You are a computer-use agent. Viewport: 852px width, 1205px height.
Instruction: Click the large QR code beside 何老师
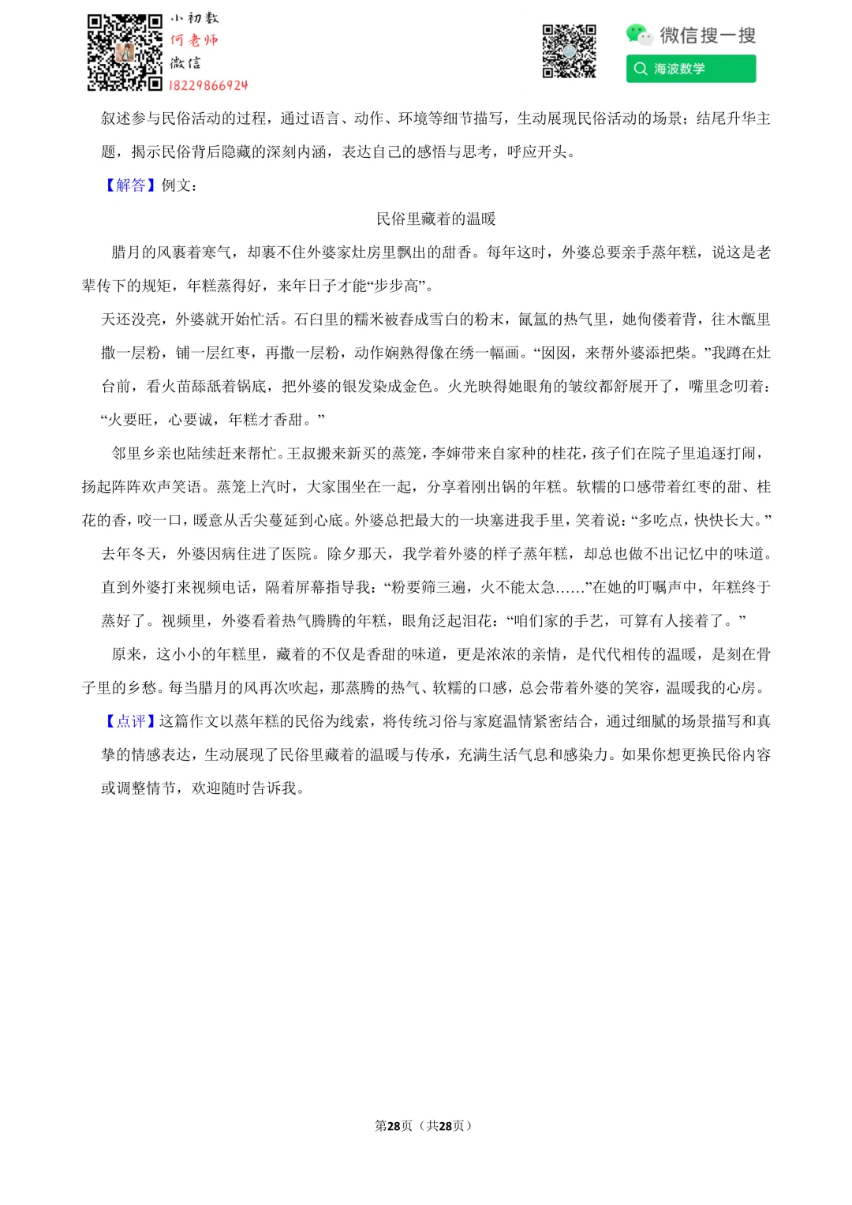point(124,52)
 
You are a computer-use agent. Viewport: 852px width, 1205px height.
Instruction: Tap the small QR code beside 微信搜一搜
point(569,52)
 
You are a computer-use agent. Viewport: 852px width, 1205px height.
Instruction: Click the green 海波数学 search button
point(691,69)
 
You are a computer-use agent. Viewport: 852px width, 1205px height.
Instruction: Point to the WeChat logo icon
point(638,34)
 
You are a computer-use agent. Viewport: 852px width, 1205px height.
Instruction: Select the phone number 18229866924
point(208,85)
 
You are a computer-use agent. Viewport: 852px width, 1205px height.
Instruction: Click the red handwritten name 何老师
point(194,39)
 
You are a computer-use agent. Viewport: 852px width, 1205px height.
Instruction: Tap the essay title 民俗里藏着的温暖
point(435,219)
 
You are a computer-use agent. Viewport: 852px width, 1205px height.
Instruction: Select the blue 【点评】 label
point(130,721)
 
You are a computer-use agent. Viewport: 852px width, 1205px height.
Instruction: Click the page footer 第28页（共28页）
point(424,1125)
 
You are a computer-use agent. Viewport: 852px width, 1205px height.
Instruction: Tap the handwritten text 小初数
point(194,18)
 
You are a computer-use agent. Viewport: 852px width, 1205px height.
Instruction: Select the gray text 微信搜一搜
point(708,35)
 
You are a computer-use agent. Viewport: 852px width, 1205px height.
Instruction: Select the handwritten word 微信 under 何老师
point(186,62)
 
